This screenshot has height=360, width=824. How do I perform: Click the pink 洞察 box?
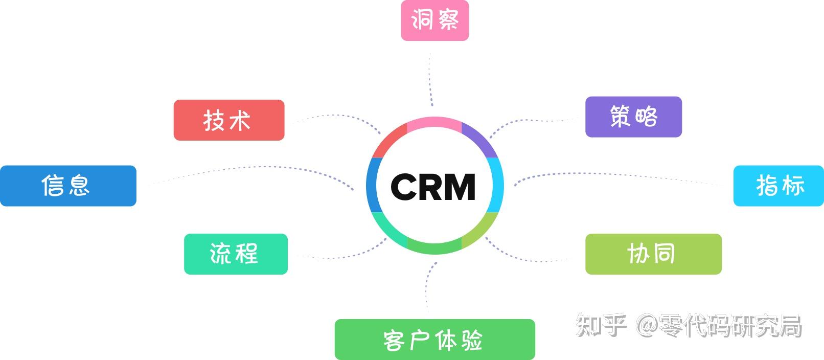tap(434, 20)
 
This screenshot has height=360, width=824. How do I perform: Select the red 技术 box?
tap(228, 120)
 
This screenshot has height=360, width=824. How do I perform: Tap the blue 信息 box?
tap(68, 186)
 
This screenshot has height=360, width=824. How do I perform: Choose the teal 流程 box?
tap(236, 254)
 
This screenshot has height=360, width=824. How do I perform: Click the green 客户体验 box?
tap(434, 340)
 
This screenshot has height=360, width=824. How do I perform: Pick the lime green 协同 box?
tap(653, 254)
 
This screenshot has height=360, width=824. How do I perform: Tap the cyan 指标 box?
tap(778, 186)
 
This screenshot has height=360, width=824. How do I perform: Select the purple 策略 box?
tap(633, 117)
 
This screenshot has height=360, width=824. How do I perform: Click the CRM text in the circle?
tap(433, 187)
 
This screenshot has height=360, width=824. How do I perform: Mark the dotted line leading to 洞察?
tap(430, 77)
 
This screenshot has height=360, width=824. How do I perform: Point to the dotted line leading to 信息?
tap(256, 167)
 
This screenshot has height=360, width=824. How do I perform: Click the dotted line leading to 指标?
tap(613, 174)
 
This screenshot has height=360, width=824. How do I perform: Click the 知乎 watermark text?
tap(601, 325)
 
